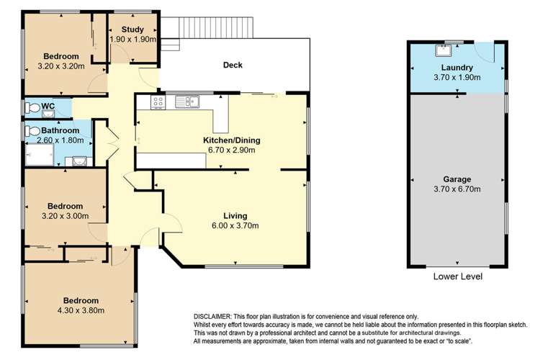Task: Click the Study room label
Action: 132,29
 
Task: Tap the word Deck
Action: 233,66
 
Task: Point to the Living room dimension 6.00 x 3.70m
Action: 235,226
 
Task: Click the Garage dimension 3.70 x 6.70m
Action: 456,189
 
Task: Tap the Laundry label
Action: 456,68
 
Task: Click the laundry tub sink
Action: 444,50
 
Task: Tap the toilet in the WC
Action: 32,107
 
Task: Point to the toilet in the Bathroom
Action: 32,132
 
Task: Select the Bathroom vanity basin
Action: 75,161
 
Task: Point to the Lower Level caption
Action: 457,276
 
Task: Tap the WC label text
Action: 48,107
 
